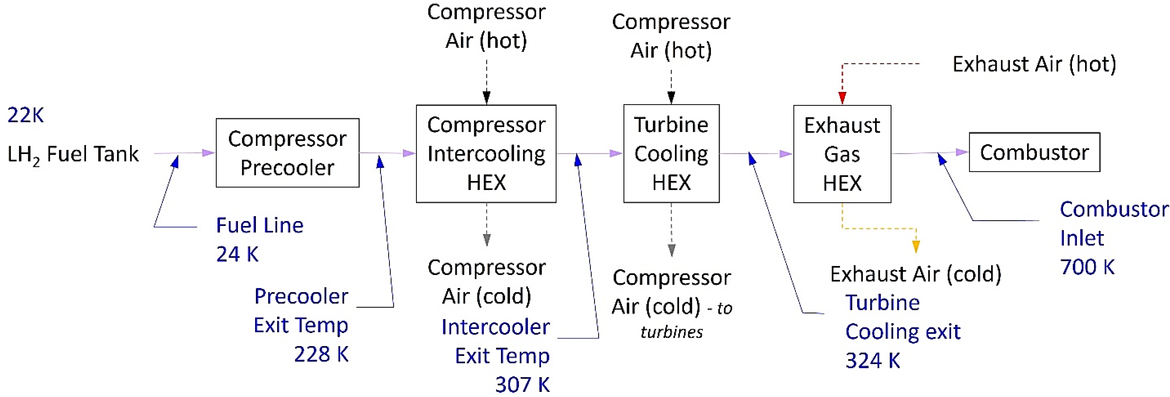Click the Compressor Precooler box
click(287, 153)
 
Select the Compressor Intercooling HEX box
click(486, 153)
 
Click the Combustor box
click(1034, 152)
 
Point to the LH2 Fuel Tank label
click(73, 154)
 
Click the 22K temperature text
click(25, 115)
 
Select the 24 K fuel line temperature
click(237, 254)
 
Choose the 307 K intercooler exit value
click(522, 384)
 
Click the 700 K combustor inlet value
click(1087, 267)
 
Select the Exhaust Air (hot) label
click(1034, 64)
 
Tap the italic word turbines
click(671, 332)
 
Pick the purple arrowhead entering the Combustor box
click(961, 153)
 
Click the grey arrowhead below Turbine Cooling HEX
click(671, 250)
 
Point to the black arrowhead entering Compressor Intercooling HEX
click(486, 97)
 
